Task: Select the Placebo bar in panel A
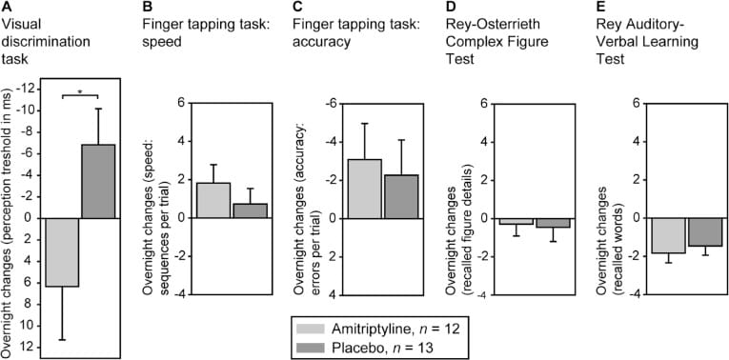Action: [x=96, y=181]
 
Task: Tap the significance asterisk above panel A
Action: [x=79, y=91]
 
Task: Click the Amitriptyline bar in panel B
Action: [x=213, y=200]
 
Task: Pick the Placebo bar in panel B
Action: [x=249, y=210]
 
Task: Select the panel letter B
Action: [x=145, y=9]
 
